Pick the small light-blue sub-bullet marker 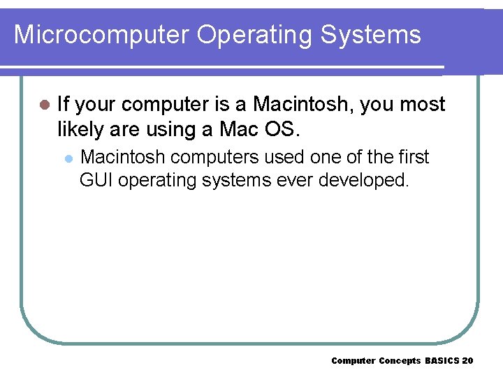pyautogui.click(x=68, y=158)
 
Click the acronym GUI pyautogui.click(x=96, y=180)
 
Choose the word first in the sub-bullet pyautogui.click(x=412, y=157)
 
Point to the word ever pyautogui.click(x=295, y=180)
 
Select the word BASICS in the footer pyautogui.click(x=442, y=360)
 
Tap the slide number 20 pyautogui.click(x=467, y=360)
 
